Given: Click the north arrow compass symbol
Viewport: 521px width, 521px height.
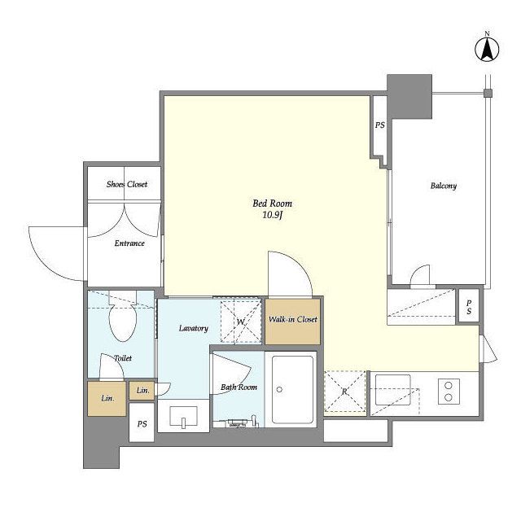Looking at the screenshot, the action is coord(487,50).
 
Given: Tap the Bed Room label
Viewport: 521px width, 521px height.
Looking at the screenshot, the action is coord(272,204).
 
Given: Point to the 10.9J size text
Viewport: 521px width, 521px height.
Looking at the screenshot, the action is coord(273,215).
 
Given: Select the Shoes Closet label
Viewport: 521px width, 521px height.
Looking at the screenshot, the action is coord(127,184).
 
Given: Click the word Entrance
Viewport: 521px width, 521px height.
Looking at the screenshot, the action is coord(129,243).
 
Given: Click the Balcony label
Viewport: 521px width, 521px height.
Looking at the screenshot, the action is coord(443,186).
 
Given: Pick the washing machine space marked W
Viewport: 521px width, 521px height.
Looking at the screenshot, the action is coord(241,321).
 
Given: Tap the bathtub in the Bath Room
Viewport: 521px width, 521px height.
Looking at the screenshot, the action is coord(293,390).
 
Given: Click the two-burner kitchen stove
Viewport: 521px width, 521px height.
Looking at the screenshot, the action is coord(449,391).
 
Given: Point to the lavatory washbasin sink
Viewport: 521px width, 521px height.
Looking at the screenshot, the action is coord(183,416).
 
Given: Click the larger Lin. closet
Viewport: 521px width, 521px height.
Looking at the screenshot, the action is coord(107,398).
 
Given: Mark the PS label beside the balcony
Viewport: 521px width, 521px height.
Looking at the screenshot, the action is coord(380,125).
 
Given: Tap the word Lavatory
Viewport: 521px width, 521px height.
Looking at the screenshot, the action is coord(194,328).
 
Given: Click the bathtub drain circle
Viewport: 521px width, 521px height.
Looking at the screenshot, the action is coord(279,389).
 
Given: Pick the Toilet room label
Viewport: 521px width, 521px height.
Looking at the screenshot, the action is coord(123,358).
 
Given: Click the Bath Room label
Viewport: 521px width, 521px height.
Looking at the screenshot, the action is coord(239,387).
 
